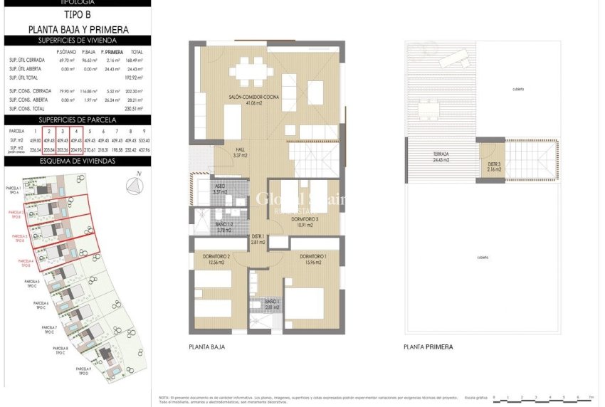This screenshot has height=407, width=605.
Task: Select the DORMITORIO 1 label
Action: tap(313, 256)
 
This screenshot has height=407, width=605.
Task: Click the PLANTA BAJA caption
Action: tap(208, 347)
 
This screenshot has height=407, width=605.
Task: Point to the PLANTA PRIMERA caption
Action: tap(428, 347)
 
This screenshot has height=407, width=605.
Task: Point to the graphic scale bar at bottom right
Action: tap(542, 398)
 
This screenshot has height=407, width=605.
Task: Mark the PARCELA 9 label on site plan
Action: tap(84, 369)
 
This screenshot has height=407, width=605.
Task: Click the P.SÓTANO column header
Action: tap(67, 52)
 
